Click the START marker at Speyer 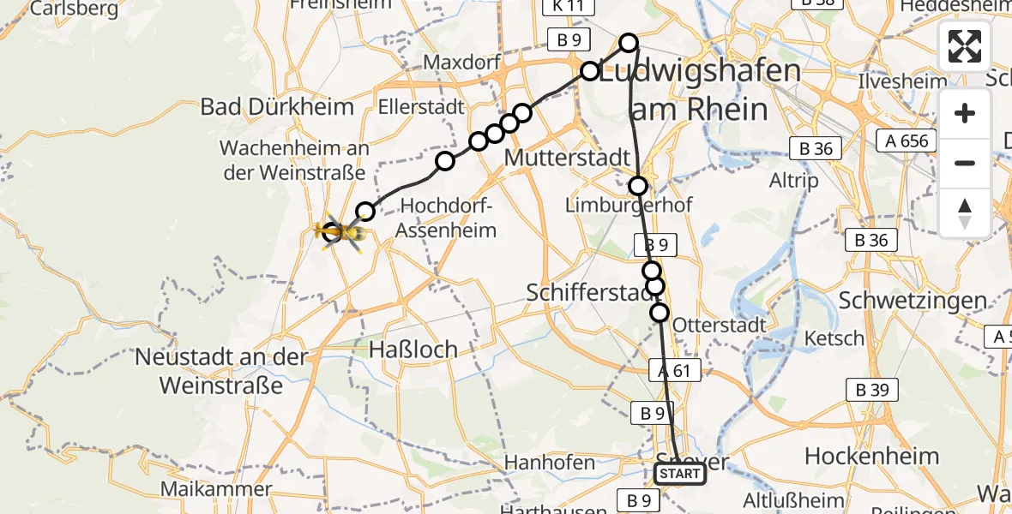click(x=680, y=474)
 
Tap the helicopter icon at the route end click(x=340, y=232)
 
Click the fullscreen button click(x=965, y=46)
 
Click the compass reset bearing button click(x=965, y=212)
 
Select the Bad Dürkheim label click(x=277, y=107)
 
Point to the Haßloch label click(x=414, y=349)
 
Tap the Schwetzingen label click(x=913, y=301)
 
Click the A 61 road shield click(x=675, y=370)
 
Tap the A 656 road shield click(x=908, y=140)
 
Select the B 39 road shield click(x=872, y=391)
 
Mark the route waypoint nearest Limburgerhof click(x=638, y=185)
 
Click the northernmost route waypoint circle click(x=629, y=42)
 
